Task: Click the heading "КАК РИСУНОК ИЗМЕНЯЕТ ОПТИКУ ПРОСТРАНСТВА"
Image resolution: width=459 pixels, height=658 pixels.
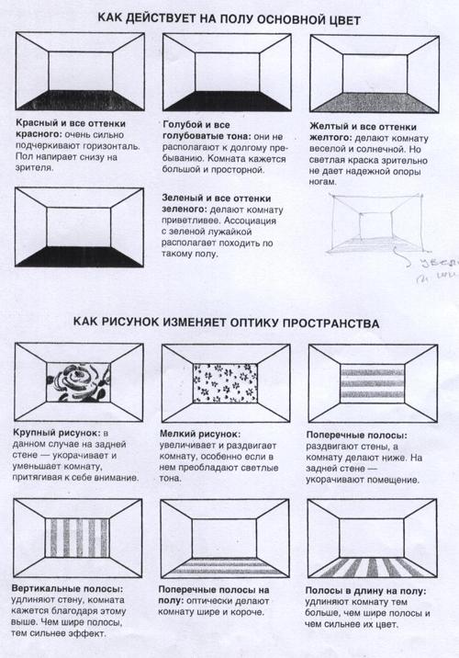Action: pyautogui.click(x=229, y=324)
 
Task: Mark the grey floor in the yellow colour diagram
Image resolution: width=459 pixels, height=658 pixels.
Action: pyautogui.click(x=372, y=101)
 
